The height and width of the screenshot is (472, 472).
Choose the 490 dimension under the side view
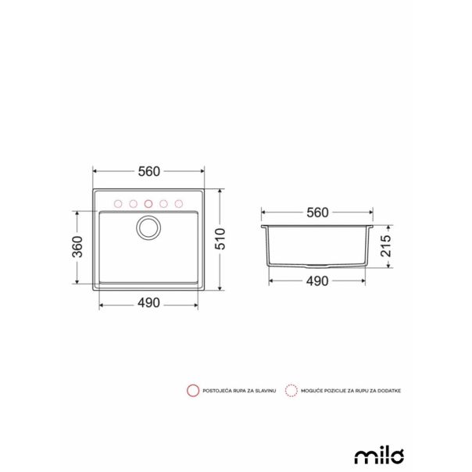point(317,283)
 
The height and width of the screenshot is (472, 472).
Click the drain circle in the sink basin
point(148,228)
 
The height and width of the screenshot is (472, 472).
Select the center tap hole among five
point(148,203)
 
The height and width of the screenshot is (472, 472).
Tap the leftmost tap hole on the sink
point(117,203)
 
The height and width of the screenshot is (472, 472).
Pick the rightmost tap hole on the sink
point(179,203)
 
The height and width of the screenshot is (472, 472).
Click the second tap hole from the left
point(133,203)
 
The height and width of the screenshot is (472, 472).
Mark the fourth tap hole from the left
point(163,203)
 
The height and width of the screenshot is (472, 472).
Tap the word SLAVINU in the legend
point(263,388)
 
